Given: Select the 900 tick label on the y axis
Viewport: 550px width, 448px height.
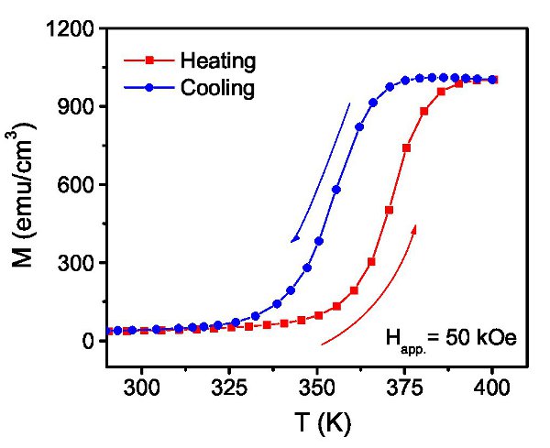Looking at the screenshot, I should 76,106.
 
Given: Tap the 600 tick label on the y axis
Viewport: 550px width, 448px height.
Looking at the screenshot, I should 76,185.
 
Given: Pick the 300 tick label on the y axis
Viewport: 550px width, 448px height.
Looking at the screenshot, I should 76,263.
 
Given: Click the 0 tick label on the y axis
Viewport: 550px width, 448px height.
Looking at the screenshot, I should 87,342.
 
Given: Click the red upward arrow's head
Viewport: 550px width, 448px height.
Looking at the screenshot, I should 414,227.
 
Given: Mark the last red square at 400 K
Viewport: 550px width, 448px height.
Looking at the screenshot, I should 493,80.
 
